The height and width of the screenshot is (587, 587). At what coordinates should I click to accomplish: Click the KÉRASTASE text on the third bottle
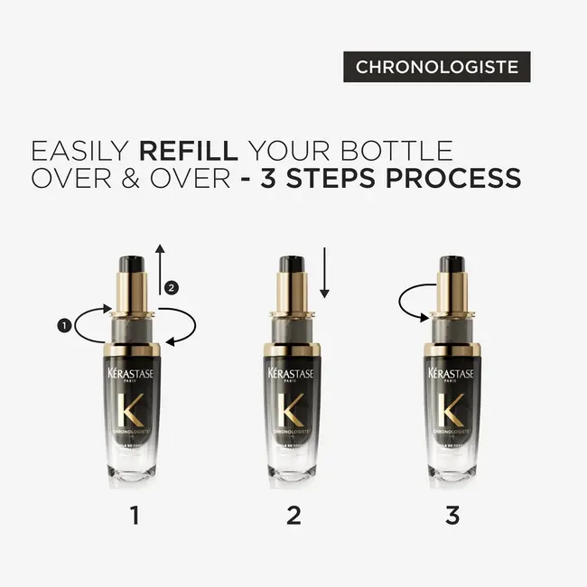[452, 373]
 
